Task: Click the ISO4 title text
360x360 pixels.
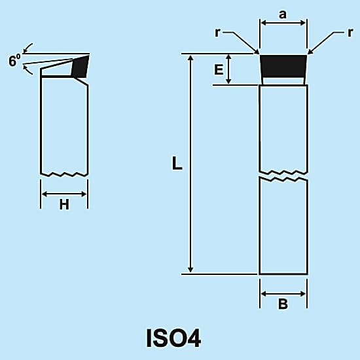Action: pyautogui.click(x=173, y=338)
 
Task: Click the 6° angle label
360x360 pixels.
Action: pyautogui.click(x=14, y=60)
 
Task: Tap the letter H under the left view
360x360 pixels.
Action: pyautogui.click(x=64, y=205)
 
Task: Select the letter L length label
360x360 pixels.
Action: pyautogui.click(x=177, y=164)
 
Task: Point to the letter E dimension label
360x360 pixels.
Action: pyautogui.click(x=219, y=69)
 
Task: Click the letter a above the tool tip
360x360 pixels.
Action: pyautogui.click(x=283, y=14)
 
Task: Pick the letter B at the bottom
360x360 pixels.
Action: pyautogui.click(x=283, y=304)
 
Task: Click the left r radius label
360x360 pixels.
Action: pyautogui.click(x=217, y=33)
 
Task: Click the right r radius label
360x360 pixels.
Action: pyautogui.click(x=350, y=33)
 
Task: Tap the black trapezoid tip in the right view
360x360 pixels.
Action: pyautogui.click(x=283, y=65)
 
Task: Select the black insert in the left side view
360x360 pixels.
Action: pyautogui.click(x=81, y=66)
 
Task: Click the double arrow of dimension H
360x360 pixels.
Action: pyautogui.click(x=64, y=194)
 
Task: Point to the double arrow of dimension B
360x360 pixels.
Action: pyautogui.click(x=283, y=294)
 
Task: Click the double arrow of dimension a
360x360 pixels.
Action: pyautogui.click(x=283, y=23)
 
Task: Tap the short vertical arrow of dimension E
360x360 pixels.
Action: pyautogui.click(x=228, y=69)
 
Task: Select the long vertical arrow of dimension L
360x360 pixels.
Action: pyautogui.click(x=190, y=164)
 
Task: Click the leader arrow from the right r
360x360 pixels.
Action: pyautogui.click(x=325, y=43)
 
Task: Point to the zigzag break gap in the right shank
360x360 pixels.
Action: pyautogui.click(x=283, y=176)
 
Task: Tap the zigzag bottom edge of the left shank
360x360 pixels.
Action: pyautogui.click(x=64, y=174)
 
